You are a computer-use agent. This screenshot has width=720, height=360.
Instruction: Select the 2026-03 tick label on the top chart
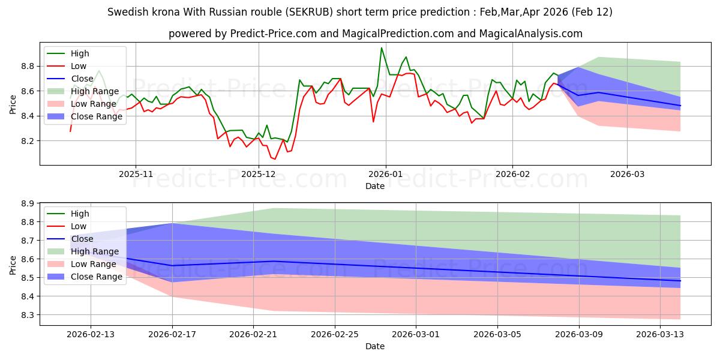click(627, 174)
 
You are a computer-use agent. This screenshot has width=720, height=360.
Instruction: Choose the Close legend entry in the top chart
click(82, 79)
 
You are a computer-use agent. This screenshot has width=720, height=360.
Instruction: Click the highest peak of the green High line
click(381, 48)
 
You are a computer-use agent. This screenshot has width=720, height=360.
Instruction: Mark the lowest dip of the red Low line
click(275, 159)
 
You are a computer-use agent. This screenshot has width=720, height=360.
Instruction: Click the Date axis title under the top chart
click(376, 186)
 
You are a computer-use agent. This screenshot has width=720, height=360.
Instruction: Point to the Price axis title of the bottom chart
click(13, 265)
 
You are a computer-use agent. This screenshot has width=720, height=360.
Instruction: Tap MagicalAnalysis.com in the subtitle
click(532, 34)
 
